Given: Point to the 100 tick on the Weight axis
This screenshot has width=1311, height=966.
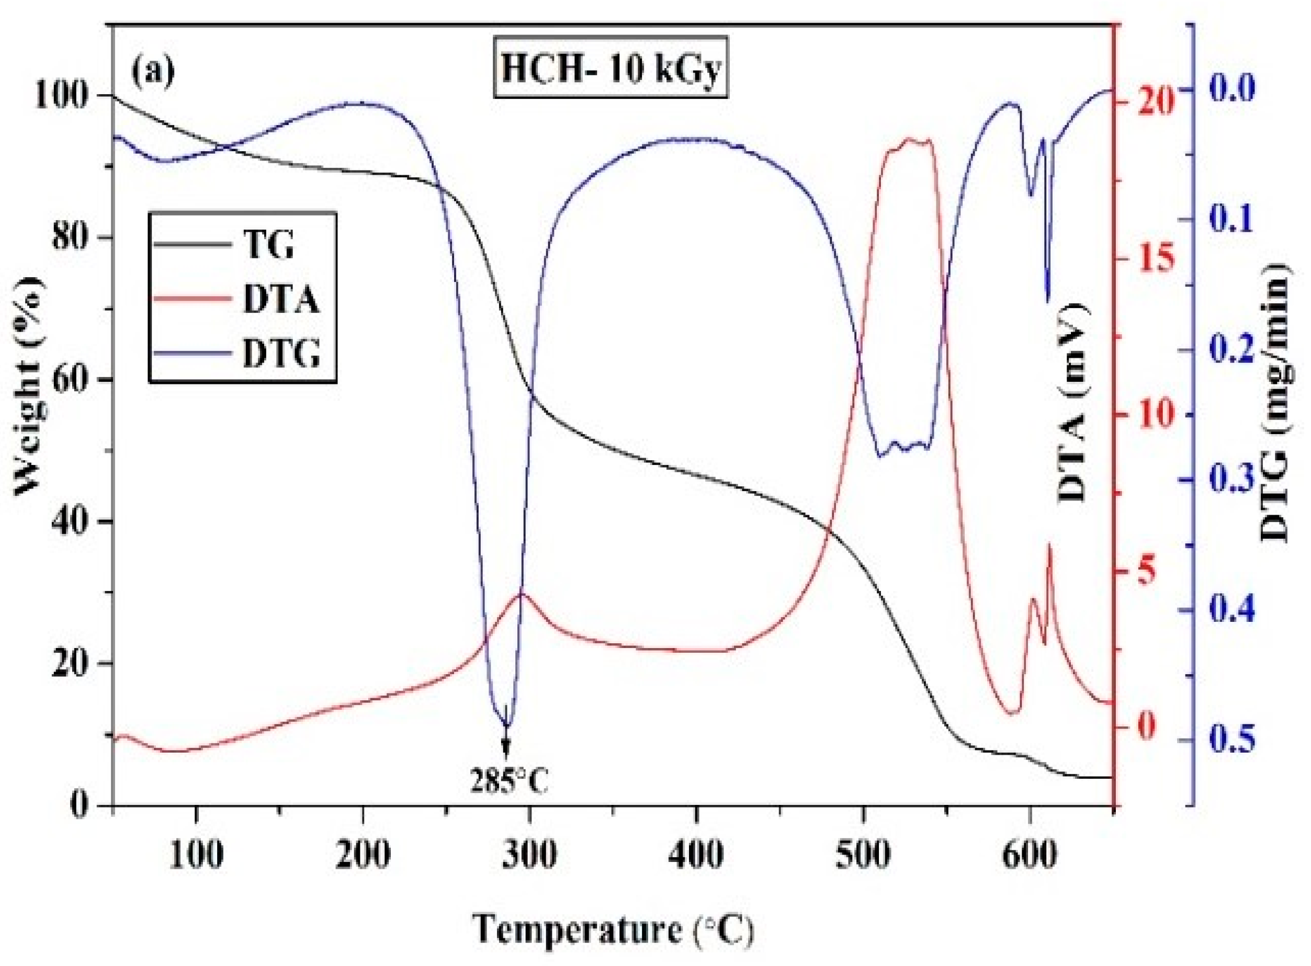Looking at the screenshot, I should coord(65,95).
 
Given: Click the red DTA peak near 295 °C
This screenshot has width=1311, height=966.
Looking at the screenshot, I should coord(522,594).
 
